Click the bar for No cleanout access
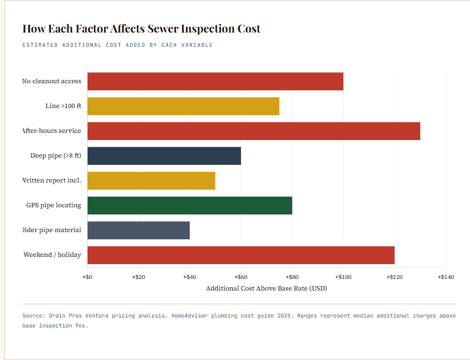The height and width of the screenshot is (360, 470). pos(215,81)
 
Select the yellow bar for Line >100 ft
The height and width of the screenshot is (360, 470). pos(183,106)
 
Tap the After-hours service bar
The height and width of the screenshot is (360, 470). pos(254,131)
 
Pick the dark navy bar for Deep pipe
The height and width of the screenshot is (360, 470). pos(164,155)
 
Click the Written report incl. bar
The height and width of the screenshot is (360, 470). pos(151,180)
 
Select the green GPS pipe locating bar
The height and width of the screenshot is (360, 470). pos(190,205)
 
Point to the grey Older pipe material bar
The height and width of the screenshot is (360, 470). pos(138,230)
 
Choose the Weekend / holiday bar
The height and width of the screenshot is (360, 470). pos(241,255)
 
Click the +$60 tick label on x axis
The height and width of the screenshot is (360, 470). pos(241,277)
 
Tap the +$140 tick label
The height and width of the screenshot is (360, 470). pos(445,277)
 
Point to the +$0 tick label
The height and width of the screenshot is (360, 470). pos(87,277)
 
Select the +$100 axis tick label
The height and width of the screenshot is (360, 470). pos(343,277)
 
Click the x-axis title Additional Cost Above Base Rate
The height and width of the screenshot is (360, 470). pos(266,288)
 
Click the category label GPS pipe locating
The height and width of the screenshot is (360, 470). pos(54,205)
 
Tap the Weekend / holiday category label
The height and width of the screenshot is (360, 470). pos(52,255)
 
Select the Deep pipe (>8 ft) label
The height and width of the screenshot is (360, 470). pos(56,155)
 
